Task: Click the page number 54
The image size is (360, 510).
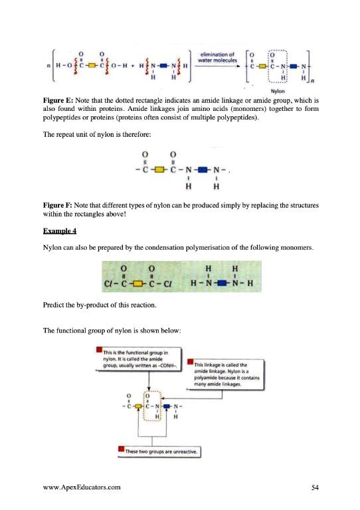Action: coord(316,487)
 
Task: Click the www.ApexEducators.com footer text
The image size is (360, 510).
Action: coord(83,487)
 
